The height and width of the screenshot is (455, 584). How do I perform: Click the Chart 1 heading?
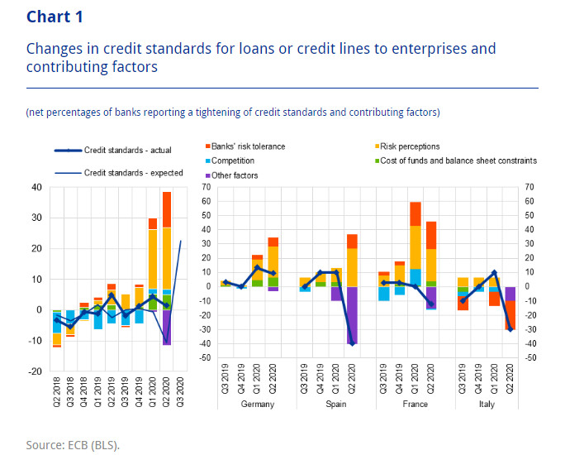(x=55, y=17)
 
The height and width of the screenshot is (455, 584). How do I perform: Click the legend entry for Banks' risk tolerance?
(x=248, y=146)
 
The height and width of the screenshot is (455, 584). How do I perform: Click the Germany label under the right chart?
(x=257, y=405)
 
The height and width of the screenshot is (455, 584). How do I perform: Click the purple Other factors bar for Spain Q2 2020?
(x=353, y=314)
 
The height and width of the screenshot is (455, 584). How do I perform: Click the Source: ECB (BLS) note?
(x=73, y=445)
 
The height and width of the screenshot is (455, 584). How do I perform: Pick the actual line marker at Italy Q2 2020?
(x=510, y=329)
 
